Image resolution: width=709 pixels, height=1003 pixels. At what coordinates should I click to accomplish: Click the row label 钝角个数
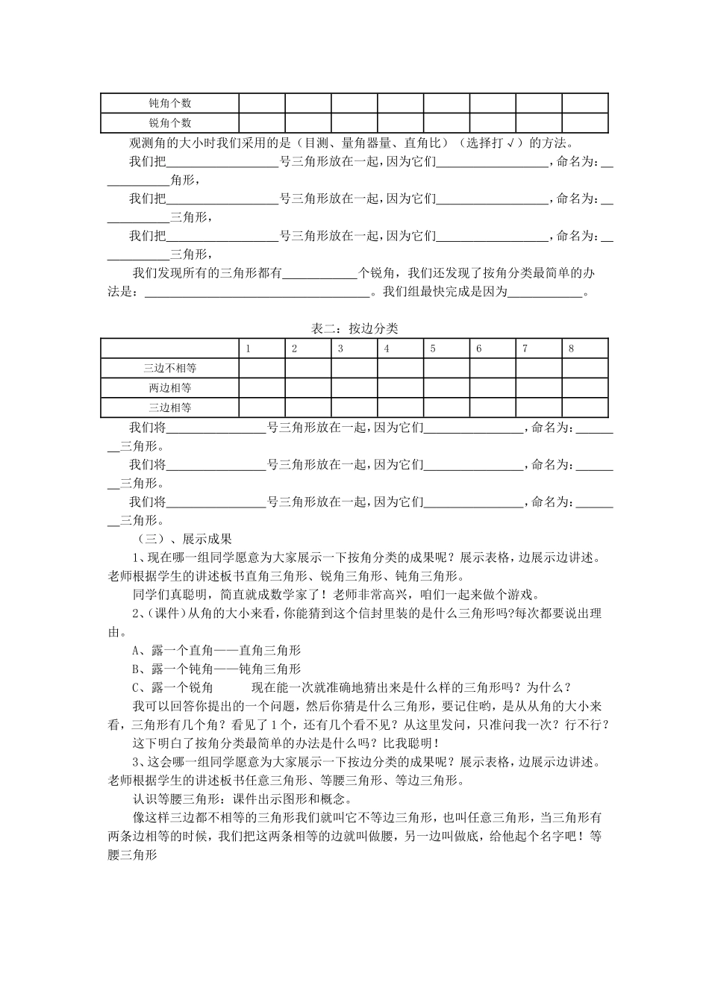[x=170, y=103]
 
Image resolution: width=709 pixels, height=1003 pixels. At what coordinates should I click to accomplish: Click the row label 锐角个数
[x=170, y=122]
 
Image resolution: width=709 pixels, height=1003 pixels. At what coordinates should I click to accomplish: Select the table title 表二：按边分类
[x=354, y=328]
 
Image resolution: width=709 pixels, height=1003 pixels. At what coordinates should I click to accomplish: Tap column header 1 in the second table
[x=249, y=349]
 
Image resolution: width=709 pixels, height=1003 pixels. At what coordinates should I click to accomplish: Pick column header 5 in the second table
[x=433, y=349]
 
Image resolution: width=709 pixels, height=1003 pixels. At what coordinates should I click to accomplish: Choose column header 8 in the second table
[x=572, y=349]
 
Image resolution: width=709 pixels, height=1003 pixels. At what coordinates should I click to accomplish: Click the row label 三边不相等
[x=170, y=368]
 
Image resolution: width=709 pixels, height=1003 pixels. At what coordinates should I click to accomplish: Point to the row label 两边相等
[x=170, y=387]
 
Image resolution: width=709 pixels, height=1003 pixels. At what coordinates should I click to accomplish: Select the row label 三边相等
[x=170, y=407]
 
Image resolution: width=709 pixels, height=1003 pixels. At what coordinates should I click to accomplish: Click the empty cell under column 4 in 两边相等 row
[x=400, y=387]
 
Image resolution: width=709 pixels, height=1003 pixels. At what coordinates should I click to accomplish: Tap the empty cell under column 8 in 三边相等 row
[x=584, y=407]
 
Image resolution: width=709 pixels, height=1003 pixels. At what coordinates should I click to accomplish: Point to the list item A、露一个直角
[x=216, y=650]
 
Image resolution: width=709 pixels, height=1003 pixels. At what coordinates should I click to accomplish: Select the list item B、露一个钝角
[x=216, y=669]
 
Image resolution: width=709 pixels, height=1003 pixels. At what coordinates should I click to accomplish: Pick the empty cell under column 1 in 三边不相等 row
[x=262, y=368]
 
